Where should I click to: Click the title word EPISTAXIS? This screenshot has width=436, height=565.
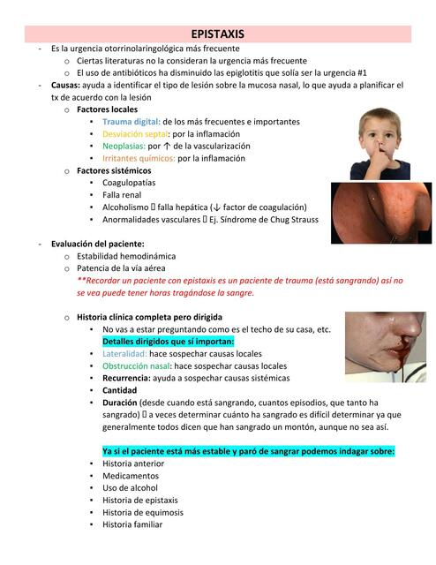(217, 34)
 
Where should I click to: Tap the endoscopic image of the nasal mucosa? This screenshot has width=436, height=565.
(380, 212)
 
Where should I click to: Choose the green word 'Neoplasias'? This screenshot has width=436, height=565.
(125, 146)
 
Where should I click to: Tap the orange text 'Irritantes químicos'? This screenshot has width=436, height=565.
(139, 158)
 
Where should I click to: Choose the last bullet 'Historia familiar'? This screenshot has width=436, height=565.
(132, 524)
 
